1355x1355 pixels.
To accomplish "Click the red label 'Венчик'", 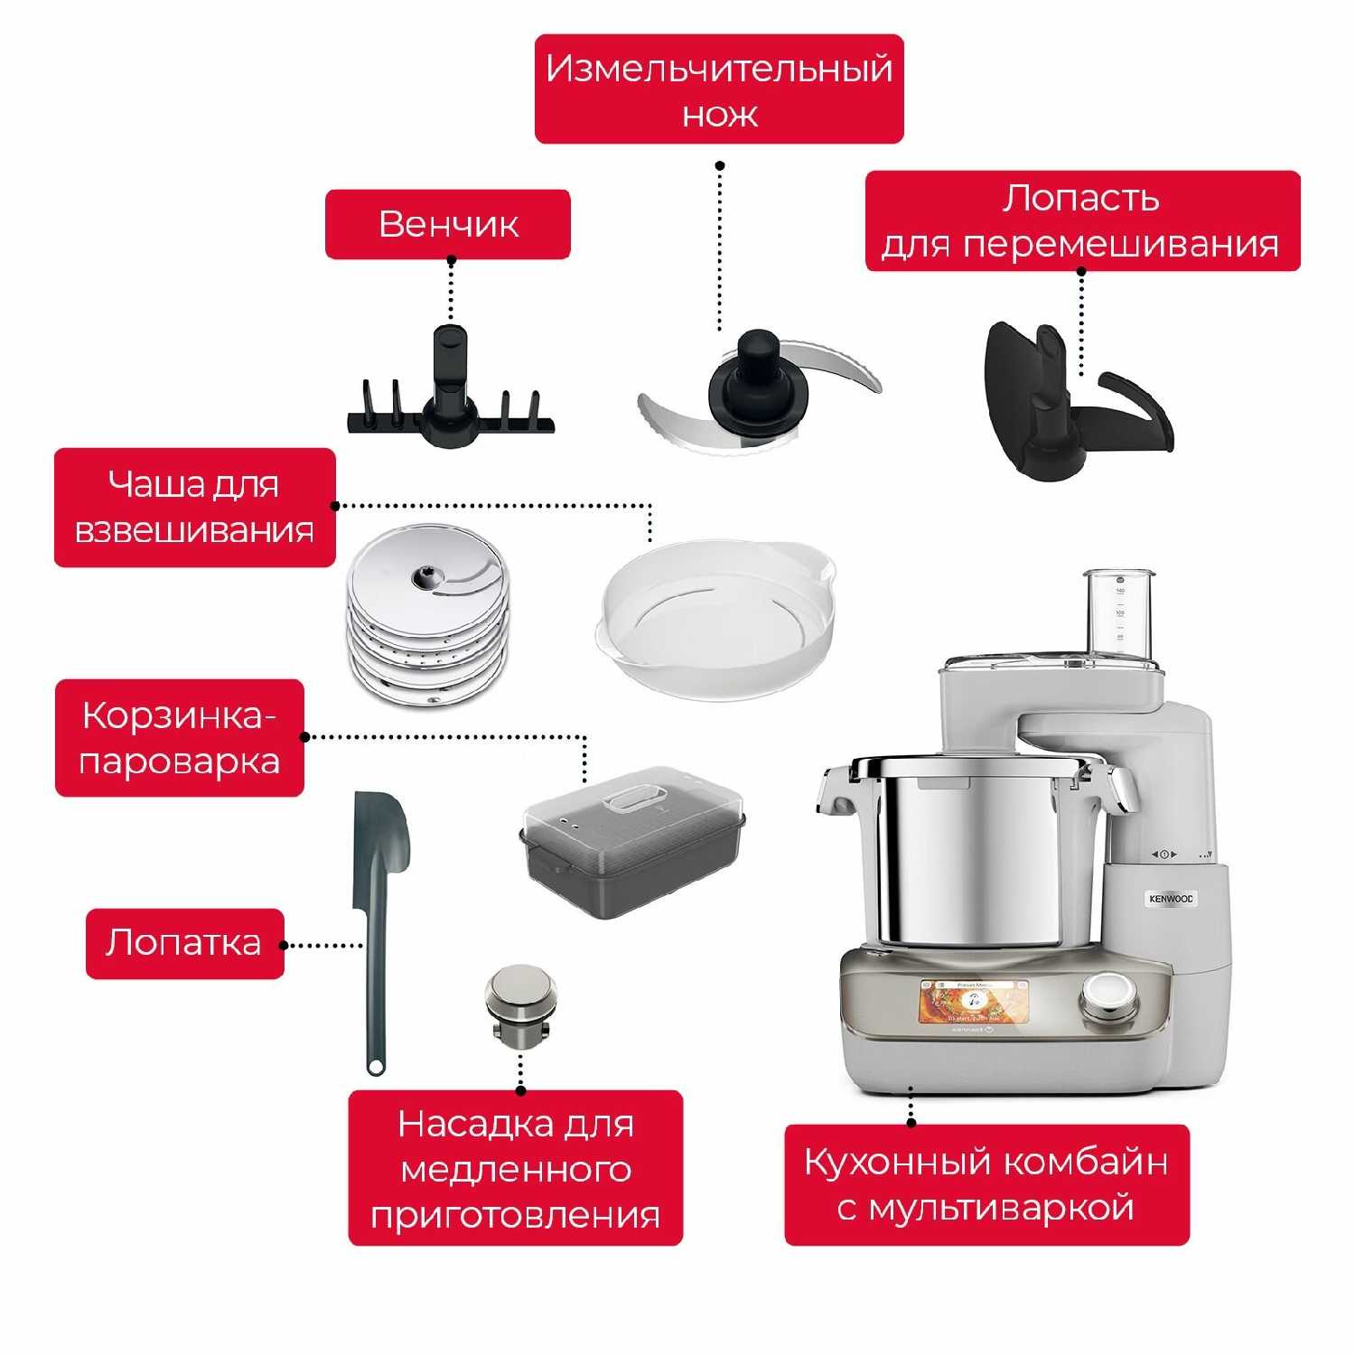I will (x=448, y=224).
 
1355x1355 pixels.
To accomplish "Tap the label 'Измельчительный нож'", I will (x=719, y=89).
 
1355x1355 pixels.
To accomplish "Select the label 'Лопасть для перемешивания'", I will (x=1082, y=221).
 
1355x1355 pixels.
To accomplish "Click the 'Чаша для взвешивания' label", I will (x=195, y=508).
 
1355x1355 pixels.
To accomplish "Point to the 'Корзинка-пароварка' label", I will (x=180, y=738).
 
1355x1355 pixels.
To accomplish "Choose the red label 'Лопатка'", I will (x=185, y=943).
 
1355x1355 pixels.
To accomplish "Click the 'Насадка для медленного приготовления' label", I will (x=516, y=1168).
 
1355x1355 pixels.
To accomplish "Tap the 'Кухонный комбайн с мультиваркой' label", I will (x=986, y=1184).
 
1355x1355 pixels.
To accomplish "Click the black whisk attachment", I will (x=451, y=397).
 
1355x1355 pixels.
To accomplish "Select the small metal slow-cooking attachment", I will (x=520, y=1007).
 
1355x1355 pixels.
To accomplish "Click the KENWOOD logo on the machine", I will (x=1171, y=899).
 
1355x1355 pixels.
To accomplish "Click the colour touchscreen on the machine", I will (x=975, y=1002).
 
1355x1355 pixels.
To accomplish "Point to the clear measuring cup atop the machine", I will (x=1119, y=614).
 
